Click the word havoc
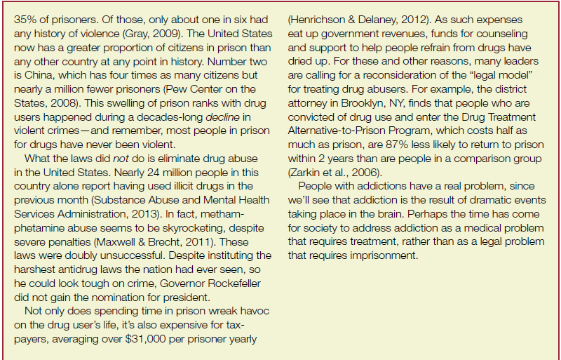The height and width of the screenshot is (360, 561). (x=253, y=311)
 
